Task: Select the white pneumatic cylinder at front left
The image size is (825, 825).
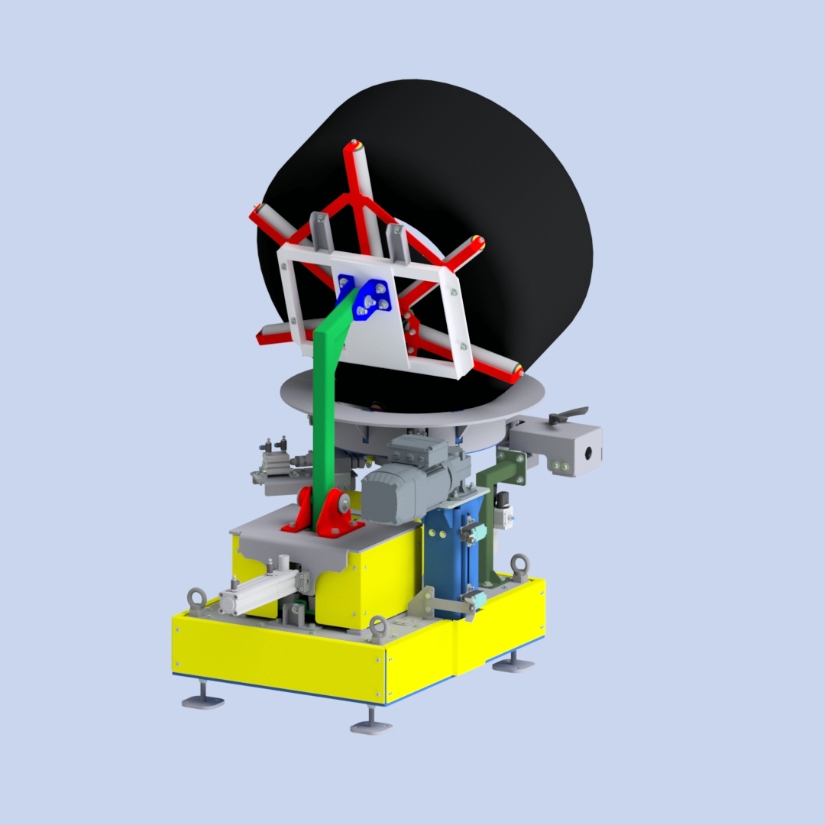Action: point(256,593)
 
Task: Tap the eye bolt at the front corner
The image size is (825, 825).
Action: point(377,626)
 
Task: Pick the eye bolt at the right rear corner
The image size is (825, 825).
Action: point(520,565)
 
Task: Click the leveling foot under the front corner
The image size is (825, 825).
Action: point(371,725)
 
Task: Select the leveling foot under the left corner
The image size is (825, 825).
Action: point(202,699)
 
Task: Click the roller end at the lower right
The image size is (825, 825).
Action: point(517,373)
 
